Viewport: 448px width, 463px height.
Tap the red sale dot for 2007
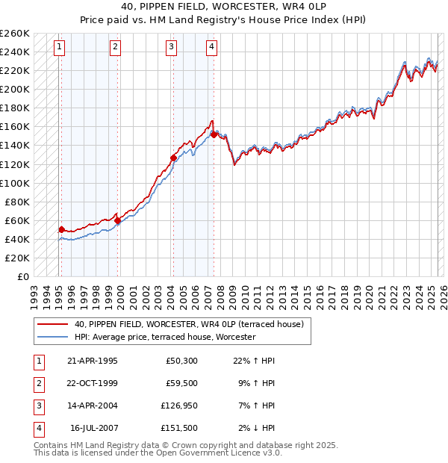214,134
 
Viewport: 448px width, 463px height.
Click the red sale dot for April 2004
173,158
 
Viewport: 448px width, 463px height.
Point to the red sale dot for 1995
61,229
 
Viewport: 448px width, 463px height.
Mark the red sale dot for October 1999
118,220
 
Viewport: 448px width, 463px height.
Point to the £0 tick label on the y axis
22,276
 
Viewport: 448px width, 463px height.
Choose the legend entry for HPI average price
165,338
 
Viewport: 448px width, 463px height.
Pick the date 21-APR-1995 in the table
93,361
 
